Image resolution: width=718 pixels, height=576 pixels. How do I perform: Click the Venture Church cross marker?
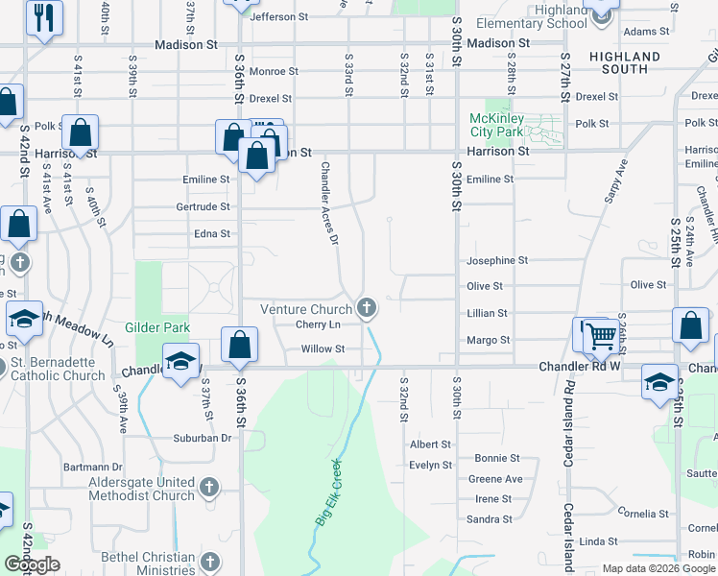pyautogui.click(x=365, y=308)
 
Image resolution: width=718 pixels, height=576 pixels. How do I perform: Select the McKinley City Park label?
pyautogui.click(x=495, y=125)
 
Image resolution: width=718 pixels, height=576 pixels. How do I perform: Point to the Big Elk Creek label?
pyautogui.click(x=329, y=495)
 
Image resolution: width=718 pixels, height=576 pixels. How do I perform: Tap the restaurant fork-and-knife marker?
pyautogui.click(x=44, y=16)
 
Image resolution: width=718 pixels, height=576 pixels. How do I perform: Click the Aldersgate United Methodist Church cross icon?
pyautogui.click(x=210, y=489)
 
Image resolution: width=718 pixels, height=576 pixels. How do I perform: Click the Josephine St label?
pyautogui.click(x=497, y=260)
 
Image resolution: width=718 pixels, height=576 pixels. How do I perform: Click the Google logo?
pyautogui.click(x=32, y=564)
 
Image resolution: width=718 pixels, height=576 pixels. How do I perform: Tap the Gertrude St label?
pyautogui.click(x=203, y=206)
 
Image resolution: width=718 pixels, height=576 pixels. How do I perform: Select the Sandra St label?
pyautogui.click(x=493, y=519)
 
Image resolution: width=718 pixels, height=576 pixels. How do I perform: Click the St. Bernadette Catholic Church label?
pyautogui.click(x=58, y=369)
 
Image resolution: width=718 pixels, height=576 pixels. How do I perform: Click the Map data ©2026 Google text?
pyautogui.click(x=658, y=568)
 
